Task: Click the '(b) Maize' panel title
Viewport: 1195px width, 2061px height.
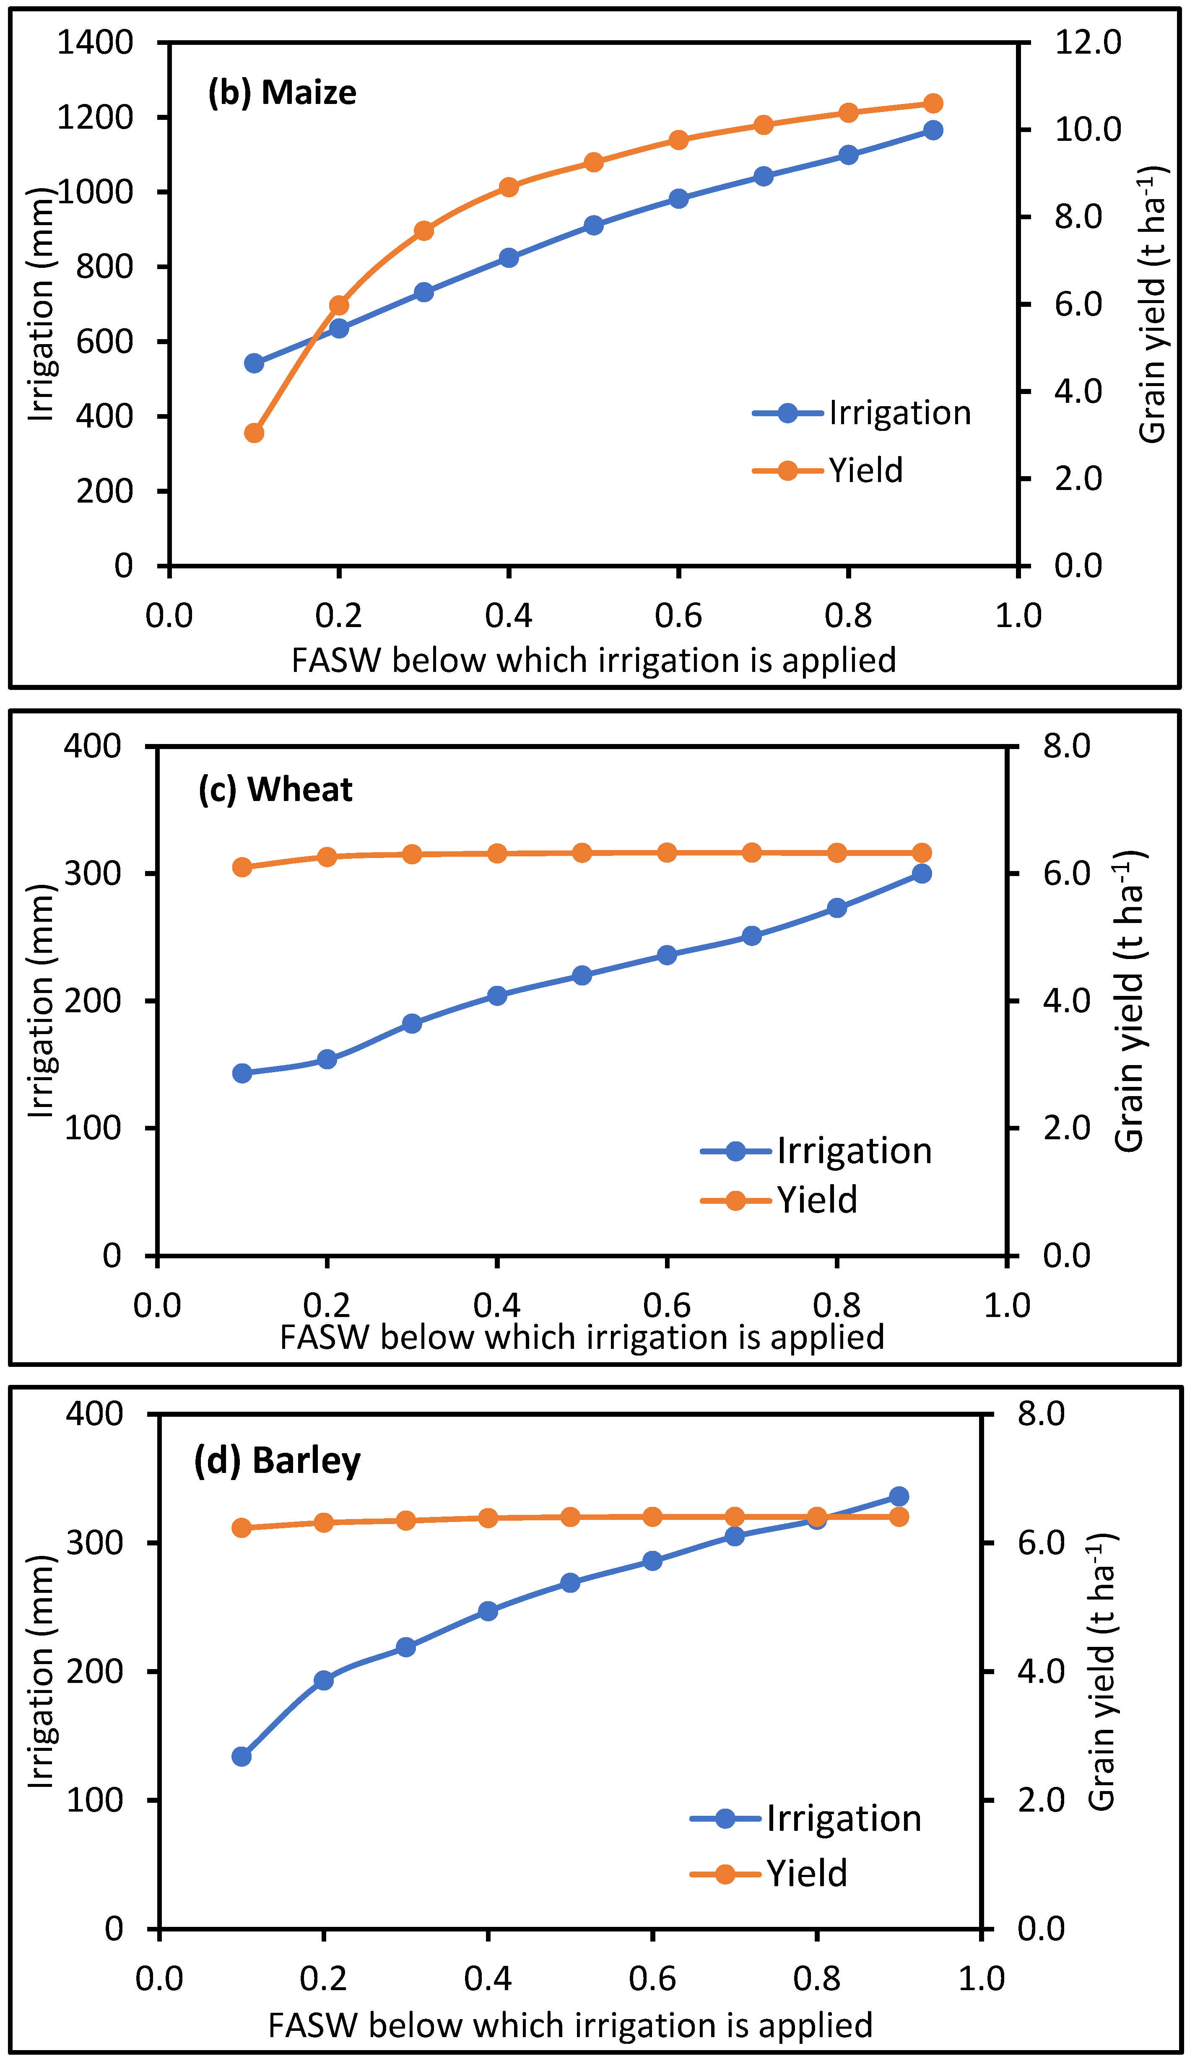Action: point(282,92)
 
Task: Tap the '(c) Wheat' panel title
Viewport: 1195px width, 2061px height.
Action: point(275,789)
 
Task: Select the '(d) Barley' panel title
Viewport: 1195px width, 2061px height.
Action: point(277,1461)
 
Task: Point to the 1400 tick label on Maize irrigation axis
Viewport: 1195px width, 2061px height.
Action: point(95,42)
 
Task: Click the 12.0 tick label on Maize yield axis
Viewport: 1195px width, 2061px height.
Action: point(1088,42)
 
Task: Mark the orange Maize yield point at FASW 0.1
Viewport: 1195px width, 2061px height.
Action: point(255,433)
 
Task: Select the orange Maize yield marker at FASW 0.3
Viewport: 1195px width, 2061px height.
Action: point(423,231)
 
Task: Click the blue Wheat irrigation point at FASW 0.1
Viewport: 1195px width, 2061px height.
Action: point(242,1073)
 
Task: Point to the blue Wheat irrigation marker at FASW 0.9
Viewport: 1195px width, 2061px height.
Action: point(922,874)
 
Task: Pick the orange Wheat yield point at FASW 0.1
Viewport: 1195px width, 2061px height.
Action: point(242,867)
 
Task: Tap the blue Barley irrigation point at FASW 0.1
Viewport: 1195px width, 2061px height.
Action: point(241,1756)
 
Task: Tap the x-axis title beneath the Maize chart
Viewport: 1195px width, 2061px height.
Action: point(594,660)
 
